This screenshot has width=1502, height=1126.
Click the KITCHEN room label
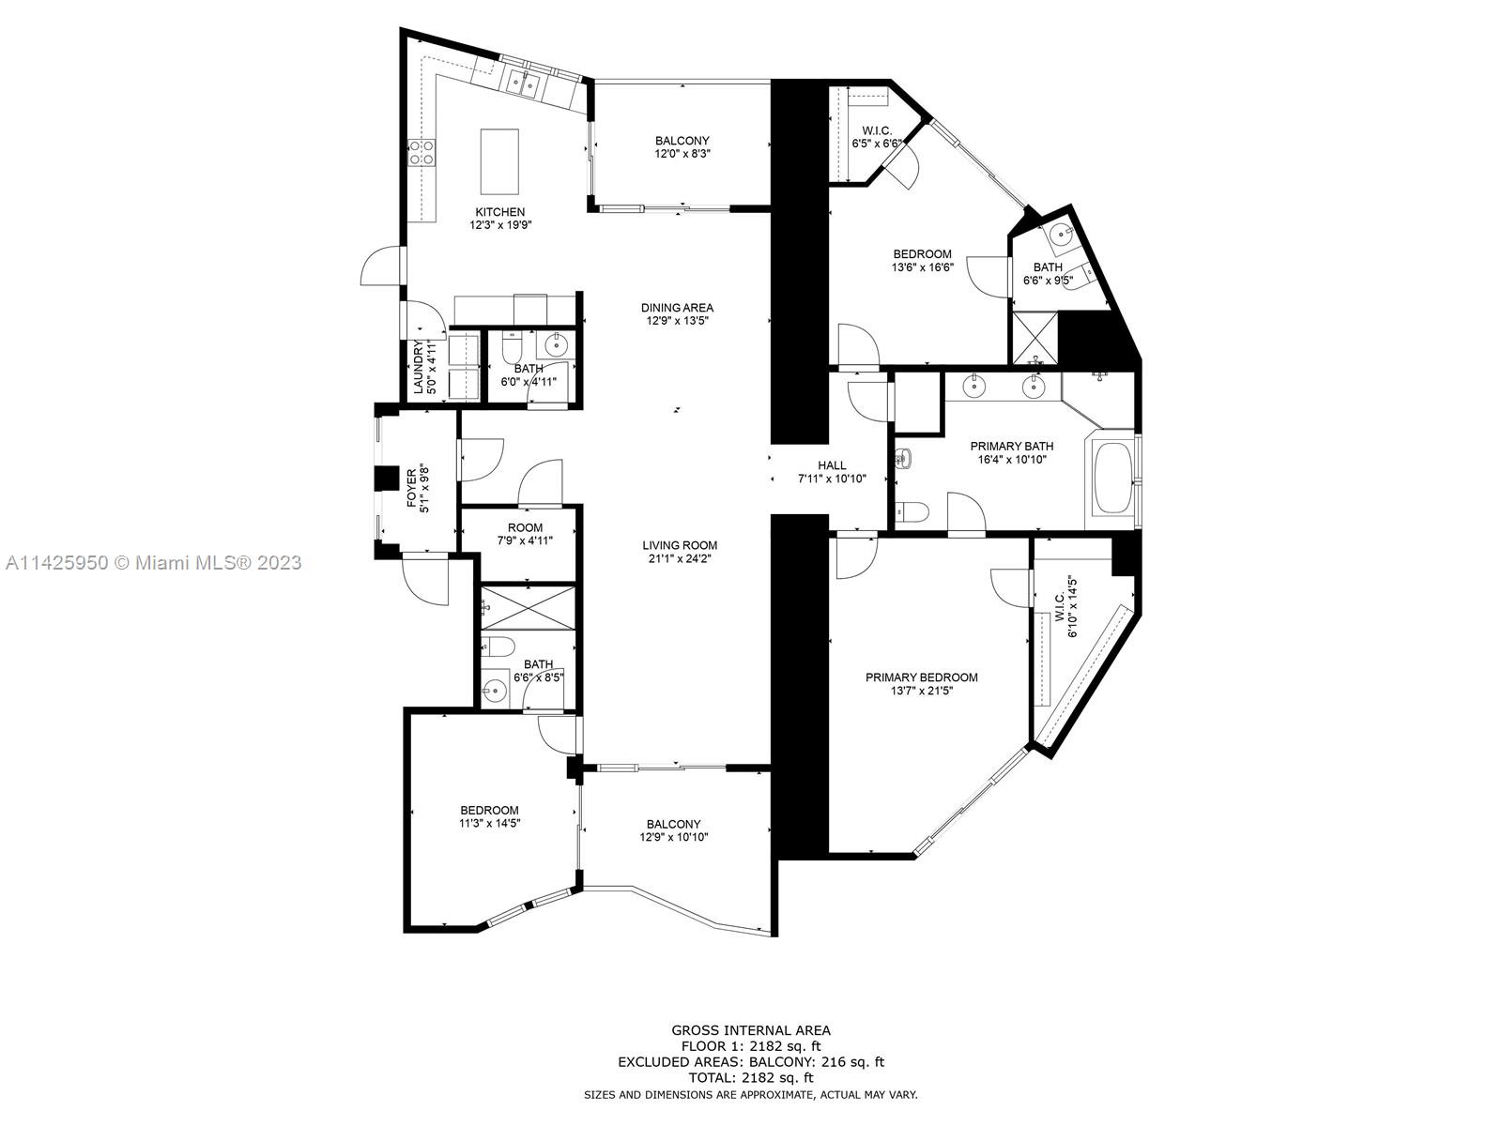[x=500, y=212]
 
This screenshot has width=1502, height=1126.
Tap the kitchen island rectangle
[x=499, y=161]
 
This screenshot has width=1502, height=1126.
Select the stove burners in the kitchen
[x=421, y=152]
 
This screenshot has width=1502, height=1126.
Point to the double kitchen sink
[x=525, y=83]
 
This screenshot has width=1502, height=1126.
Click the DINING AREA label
[x=677, y=308]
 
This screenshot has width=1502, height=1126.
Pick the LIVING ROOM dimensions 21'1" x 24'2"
[x=680, y=558]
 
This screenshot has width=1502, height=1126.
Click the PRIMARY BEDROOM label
[x=921, y=677]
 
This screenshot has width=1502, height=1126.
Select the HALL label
[x=832, y=465]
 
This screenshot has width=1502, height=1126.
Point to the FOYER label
[x=411, y=488]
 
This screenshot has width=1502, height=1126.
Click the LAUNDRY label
[x=418, y=367]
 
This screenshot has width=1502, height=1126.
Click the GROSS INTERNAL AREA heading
[x=751, y=1030]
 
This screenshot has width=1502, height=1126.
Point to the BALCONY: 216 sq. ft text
[x=817, y=1062]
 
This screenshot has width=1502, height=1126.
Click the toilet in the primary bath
[x=911, y=510]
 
